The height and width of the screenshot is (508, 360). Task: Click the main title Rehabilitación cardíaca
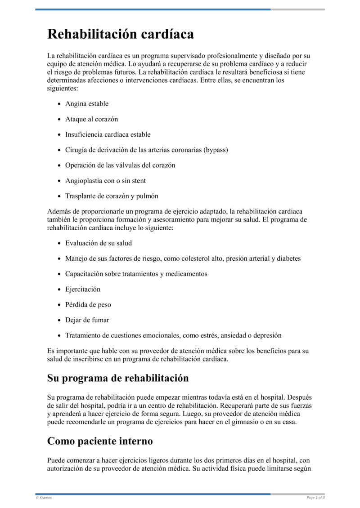pyautogui.click(x=121, y=34)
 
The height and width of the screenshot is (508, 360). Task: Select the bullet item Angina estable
pyautogui.click(x=87, y=104)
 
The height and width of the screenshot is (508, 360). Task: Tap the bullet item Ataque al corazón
pyautogui.click(x=91, y=119)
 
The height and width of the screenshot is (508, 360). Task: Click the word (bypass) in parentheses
pyautogui.click(x=216, y=150)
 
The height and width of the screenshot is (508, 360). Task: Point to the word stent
pyautogui.click(x=137, y=181)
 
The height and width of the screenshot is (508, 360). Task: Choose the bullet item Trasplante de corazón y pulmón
pyautogui.click(x=112, y=196)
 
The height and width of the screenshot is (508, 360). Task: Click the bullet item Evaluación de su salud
pyautogui.click(x=99, y=243)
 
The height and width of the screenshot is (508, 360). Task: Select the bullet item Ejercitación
pyautogui.click(x=83, y=289)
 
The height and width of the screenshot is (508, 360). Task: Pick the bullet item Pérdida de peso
pyautogui.click(x=88, y=304)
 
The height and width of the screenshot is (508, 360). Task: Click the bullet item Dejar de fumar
pyautogui.click(x=87, y=320)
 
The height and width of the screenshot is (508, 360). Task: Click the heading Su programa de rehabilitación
pyautogui.click(x=118, y=378)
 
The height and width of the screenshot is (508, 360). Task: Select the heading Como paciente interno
pyautogui.click(x=100, y=441)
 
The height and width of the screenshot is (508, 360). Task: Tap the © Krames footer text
pyautogui.click(x=44, y=498)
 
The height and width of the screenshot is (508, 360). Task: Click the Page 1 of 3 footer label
pyautogui.click(x=315, y=498)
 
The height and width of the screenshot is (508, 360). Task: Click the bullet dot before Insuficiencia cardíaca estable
pyautogui.click(x=60, y=135)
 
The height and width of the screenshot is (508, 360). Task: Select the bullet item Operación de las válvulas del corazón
pyautogui.click(x=120, y=165)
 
